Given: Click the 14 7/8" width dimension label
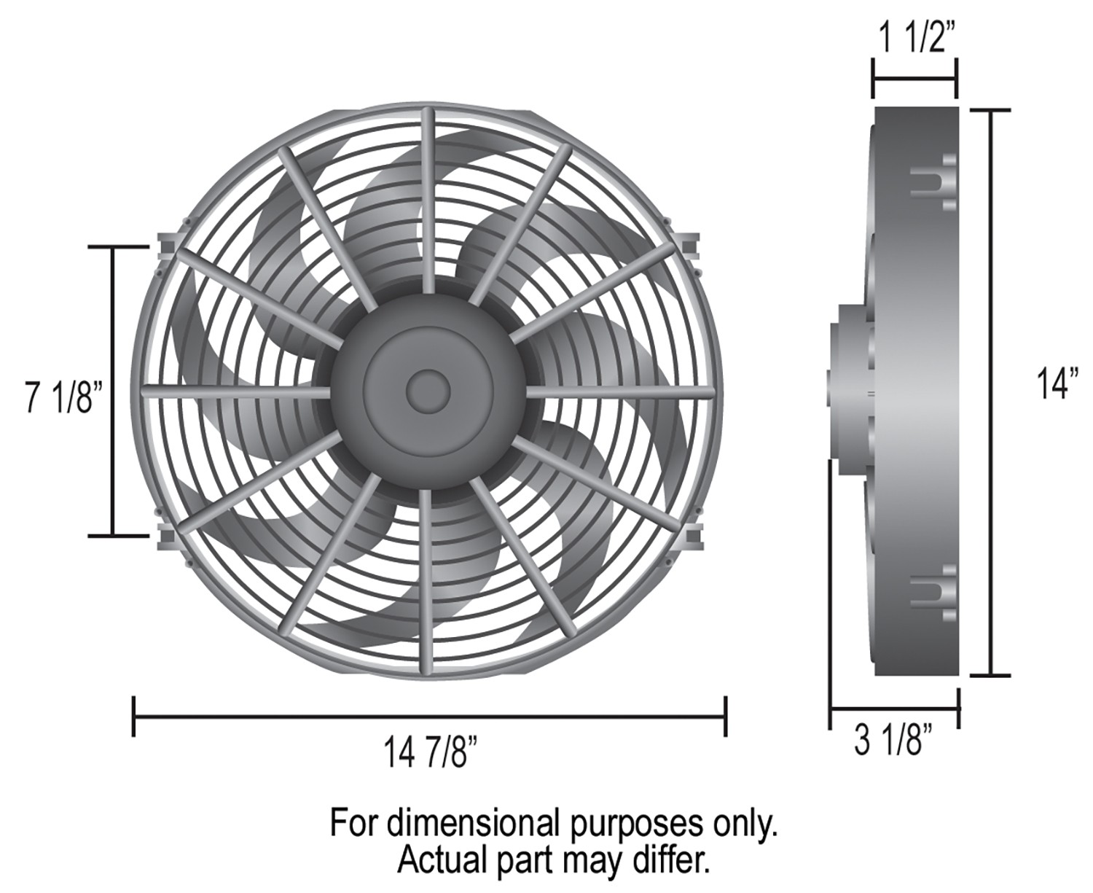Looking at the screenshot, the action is point(429,752).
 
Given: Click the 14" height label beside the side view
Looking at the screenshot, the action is point(1050,383).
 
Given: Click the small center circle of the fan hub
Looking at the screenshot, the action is point(428,391).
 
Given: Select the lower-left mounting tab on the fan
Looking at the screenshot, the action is point(166,537).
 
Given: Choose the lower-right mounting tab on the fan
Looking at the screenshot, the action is point(692,537).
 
